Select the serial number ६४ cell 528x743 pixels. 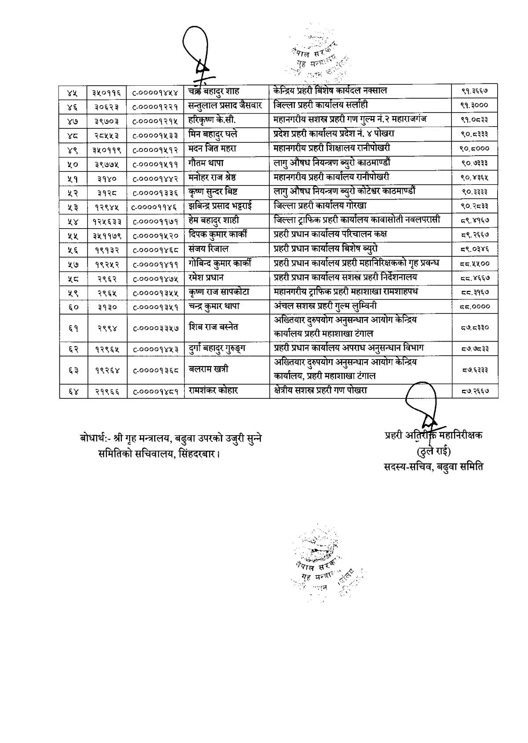click(73, 391)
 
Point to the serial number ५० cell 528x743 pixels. click(73, 164)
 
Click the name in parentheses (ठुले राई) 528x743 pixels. click(433, 451)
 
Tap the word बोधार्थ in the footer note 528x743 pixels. click(94, 438)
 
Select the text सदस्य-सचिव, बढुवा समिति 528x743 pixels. click(433, 466)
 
